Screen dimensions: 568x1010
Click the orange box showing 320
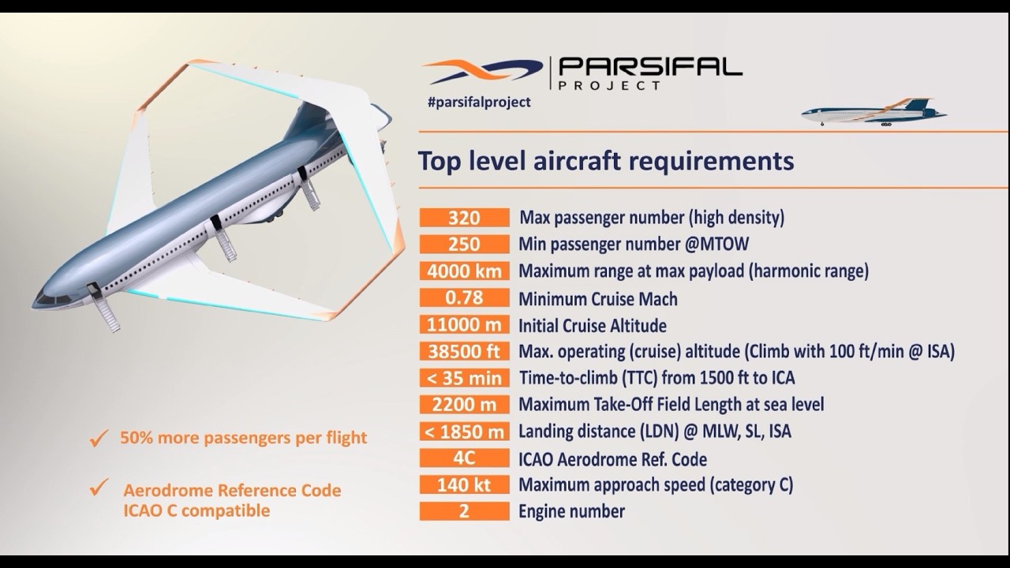coord(464,217)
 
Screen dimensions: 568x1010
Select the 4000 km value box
coord(464,271)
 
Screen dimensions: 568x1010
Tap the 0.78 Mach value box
coord(464,298)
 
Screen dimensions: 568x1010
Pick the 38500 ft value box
coord(464,351)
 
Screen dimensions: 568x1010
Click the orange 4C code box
coord(464,458)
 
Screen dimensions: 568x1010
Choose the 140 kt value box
coord(464,484)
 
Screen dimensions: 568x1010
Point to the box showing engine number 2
coord(464,511)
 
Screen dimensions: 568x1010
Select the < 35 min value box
coord(464,378)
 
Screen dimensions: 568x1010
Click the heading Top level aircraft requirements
coord(605,160)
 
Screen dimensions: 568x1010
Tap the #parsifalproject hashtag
coord(478,102)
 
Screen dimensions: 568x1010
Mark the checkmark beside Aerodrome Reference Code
coord(99,489)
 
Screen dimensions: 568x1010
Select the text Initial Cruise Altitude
coord(592,325)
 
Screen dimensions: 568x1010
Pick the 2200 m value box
coord(464,405)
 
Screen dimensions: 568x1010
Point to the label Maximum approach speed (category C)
coord(655,484)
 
